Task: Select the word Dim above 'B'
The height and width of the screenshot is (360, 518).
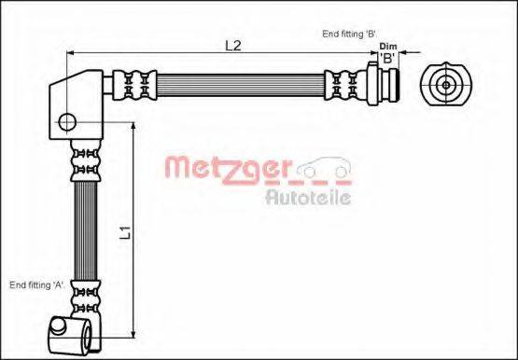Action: point(389,47)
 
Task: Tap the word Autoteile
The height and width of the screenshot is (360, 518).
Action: point(307,197)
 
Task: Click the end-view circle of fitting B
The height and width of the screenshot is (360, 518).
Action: point(446,84)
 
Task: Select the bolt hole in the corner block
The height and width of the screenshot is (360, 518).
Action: point(67,120)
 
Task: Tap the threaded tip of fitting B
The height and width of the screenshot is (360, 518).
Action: point(395,83)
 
